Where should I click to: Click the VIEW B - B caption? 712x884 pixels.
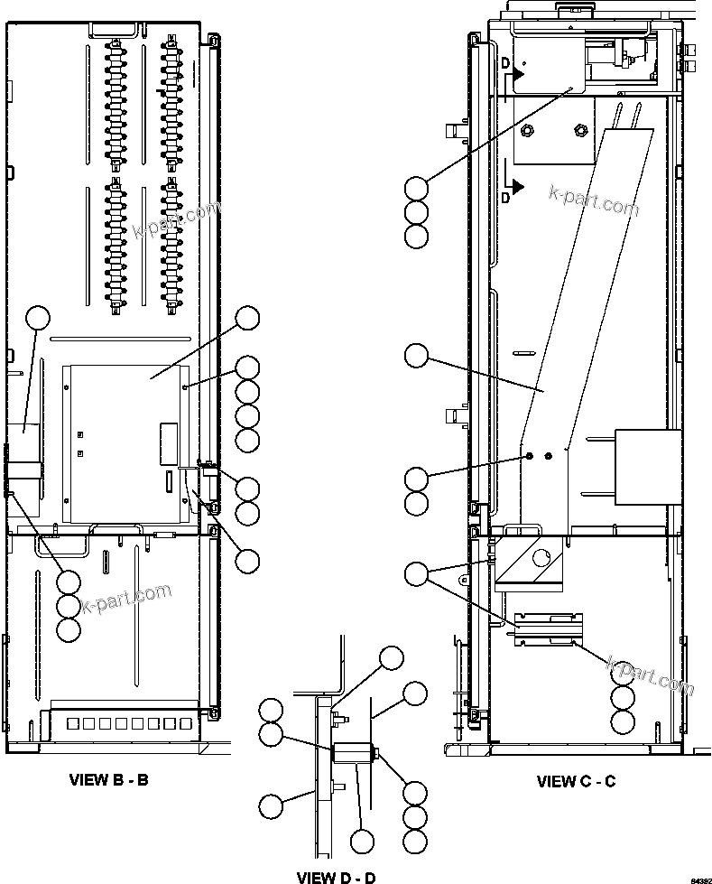109,779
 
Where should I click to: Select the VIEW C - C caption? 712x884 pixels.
576,781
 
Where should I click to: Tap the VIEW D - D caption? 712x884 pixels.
336,877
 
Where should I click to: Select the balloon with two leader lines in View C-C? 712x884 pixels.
416,572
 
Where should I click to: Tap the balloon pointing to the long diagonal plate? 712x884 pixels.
416,356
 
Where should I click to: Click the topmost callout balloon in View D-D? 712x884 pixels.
391,657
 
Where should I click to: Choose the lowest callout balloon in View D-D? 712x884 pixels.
362,842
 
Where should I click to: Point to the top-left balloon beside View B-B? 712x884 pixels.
37,317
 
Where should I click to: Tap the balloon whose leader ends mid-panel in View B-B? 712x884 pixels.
247,317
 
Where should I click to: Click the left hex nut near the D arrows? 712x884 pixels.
530,131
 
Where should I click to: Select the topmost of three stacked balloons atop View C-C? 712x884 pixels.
416,188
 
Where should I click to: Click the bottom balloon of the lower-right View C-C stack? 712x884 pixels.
623,721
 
